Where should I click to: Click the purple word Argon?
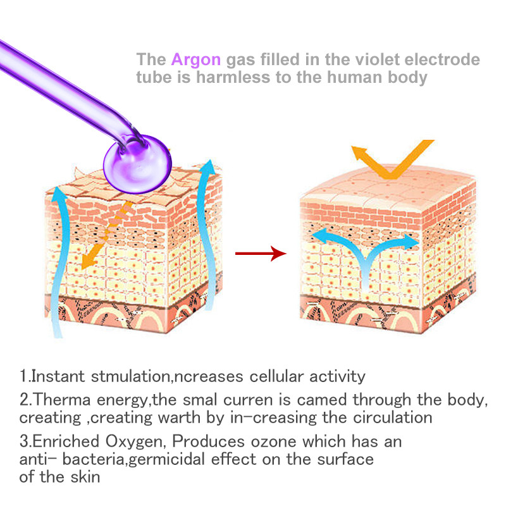196,60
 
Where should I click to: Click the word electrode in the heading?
442,59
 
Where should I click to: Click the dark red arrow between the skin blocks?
261,254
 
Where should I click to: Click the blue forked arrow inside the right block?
366,255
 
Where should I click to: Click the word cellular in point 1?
276,376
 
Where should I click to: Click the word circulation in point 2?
392,417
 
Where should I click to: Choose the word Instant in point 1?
58,376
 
